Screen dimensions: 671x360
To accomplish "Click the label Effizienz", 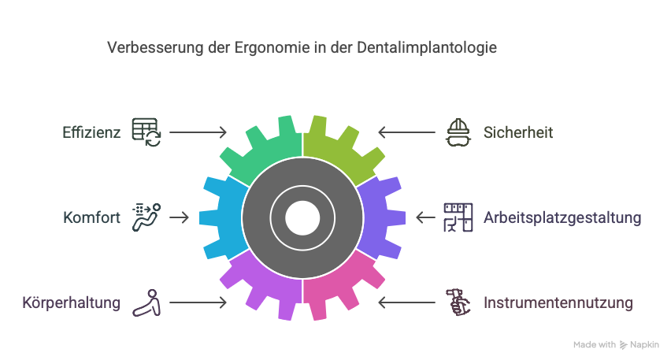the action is pyautogui.click(x=91, y=132).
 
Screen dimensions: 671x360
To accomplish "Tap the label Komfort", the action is pyautogui.click(x=91, y=217).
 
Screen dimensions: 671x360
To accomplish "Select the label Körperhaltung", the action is pyautogui.click(x=71, y=302).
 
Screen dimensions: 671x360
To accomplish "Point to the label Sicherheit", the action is pyautogui.click(x=517, y=132).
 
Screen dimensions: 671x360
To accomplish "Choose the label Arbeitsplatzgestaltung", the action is pyautogui.click(x=562, y=217).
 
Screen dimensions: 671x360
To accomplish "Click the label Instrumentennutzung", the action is pyautogui.click(x=558, y=302).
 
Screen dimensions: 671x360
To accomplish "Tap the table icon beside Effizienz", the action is pyautogui.click(x=146, y=132).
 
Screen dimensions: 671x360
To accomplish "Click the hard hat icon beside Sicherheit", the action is pyautogui.click(x=458, y=132).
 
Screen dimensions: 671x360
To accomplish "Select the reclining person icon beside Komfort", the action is pyautogui.click(x=146, y=217).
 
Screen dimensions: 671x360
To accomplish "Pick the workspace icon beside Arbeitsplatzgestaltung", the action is pyautogui.click(x=458, y=217).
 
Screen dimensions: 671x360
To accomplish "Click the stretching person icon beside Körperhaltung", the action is pyautogui.click(x=146, y=302).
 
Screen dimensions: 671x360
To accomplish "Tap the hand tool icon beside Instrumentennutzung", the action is pyautogui.click(x=458, y=302).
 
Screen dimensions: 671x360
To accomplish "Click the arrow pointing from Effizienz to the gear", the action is pyautogui.click(x=198, y=132).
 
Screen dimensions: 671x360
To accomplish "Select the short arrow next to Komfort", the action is pyautogui.click(x=180, y=217).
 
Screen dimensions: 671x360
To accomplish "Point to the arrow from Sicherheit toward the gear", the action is pyautogui.click(x=406, y=132).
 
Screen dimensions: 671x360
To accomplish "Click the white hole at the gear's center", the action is pyautogui.click(x=302, y=218).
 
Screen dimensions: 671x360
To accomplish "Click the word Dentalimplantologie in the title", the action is pyautogui.click(x=427, y=47).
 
